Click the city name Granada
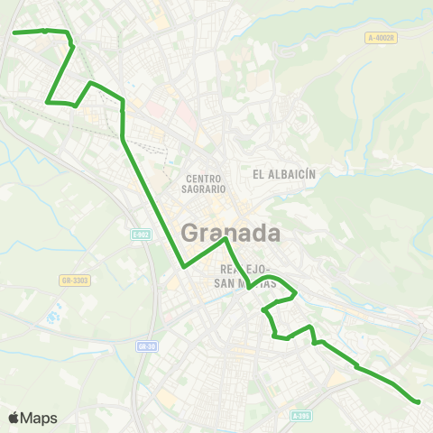click(x=230, y=232)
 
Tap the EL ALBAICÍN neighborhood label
click(x=282, y=173)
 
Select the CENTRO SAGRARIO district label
click(x=205, y=184)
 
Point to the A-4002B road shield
click(x=382, y=37)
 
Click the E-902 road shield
click(x=142, y=235)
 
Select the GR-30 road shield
click(x=147, y=345)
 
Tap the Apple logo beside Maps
click(x=14, y=418)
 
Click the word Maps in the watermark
click(x=39, y=418)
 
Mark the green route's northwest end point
click(x=14, y=32)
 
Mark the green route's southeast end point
click(x=419, y=401)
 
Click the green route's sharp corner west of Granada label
click(x=184, y=267)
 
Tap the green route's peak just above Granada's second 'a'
click(x=225, y=240)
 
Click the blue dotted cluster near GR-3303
click(x=52, y=318)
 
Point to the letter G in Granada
click(x=190, y=232)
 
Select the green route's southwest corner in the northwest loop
click(x=47, y=102)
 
